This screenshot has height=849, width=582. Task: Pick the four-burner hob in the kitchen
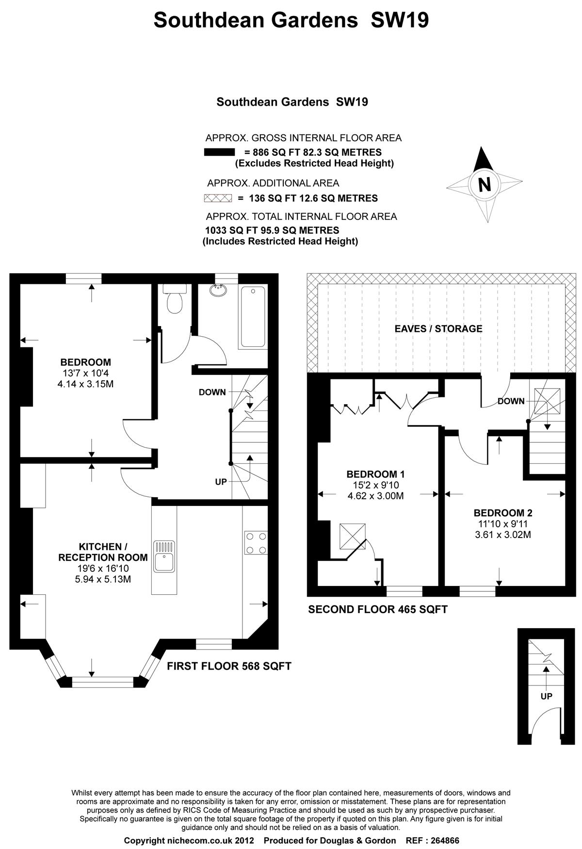click(256, 543)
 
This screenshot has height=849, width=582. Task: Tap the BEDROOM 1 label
click(375, 474)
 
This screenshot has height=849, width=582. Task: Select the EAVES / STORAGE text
click(438, 328)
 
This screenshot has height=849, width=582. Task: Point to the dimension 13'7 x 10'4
click(85, 373)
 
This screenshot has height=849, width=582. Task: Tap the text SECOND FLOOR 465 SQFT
click(378, 609)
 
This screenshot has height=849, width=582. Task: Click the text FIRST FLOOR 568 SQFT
click(229, 666)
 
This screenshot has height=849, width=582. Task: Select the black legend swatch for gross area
click(219, 152)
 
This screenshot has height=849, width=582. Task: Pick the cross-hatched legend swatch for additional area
click(219, 198)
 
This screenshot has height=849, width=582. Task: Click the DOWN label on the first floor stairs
click(212, 392)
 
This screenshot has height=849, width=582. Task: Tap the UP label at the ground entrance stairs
click(547, 696)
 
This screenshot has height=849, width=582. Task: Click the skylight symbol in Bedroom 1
click(353, 536)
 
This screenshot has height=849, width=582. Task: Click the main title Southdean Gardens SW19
click(291, 20)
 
